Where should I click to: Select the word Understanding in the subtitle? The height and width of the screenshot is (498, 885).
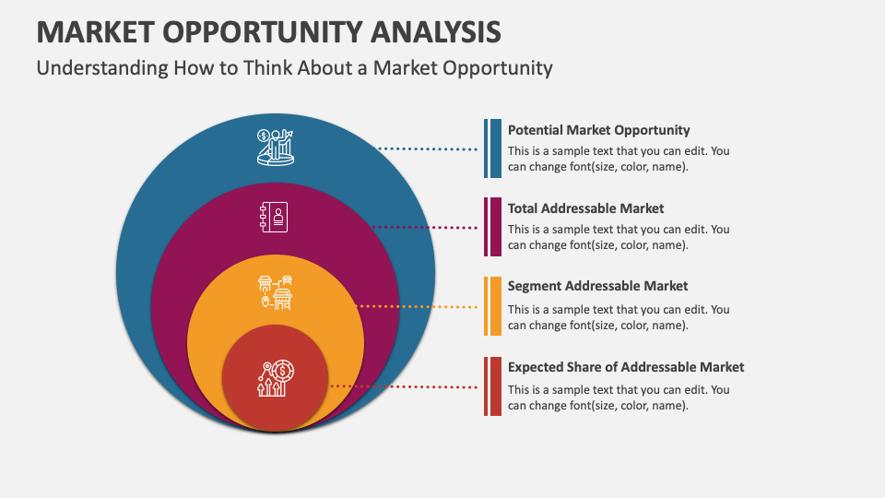coord(101,67)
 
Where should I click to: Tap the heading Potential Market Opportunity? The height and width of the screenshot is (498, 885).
coord(598,130)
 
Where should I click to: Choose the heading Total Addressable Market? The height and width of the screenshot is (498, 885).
coord(585,208)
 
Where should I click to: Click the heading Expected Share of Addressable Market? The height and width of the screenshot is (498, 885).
coord(625,367)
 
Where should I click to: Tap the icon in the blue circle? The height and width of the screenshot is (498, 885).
coord(275,148)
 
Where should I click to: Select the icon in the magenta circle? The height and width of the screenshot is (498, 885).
coord(274,218)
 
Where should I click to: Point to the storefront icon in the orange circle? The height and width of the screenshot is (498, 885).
coord(275,292)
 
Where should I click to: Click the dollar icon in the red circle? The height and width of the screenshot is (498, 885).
coord(275,378)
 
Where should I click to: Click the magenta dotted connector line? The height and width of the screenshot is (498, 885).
coord(424,227)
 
